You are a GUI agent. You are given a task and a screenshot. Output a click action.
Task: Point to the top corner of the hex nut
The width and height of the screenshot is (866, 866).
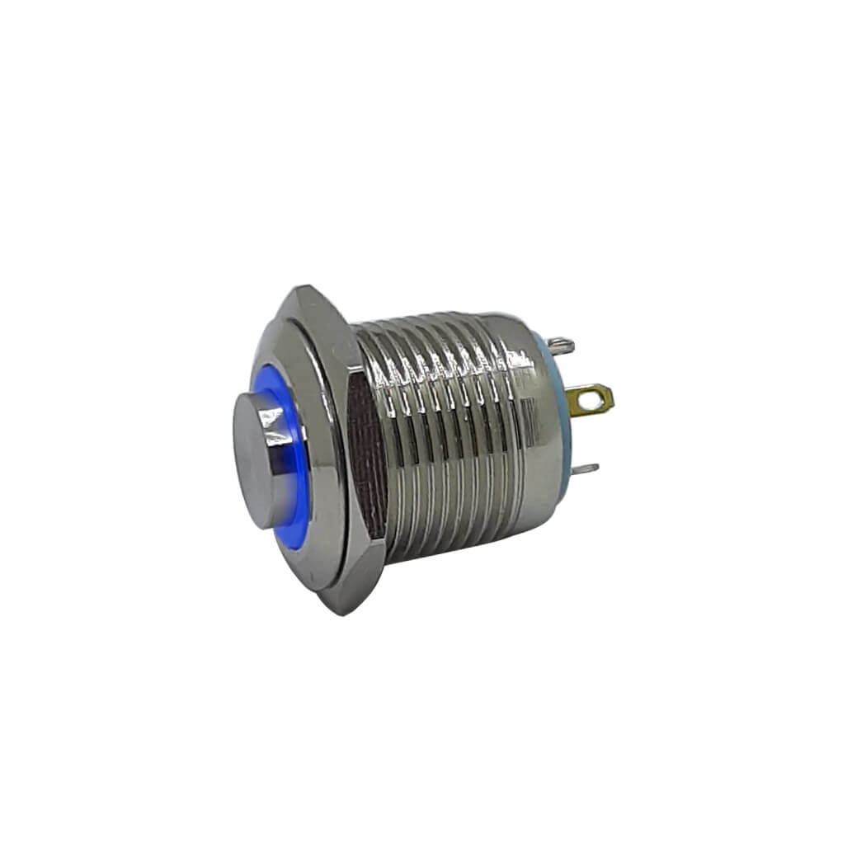tap(294, 290)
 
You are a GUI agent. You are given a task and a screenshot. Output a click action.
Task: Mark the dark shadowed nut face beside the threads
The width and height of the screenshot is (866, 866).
tap(369, 462)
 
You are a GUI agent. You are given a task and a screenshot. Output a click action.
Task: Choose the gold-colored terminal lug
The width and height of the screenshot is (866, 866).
tap(594, 401)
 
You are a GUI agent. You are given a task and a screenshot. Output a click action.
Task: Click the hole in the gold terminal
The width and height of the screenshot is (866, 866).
tap(587, 401)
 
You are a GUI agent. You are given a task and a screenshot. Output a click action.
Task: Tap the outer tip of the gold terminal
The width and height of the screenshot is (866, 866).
tap(610, 400)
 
